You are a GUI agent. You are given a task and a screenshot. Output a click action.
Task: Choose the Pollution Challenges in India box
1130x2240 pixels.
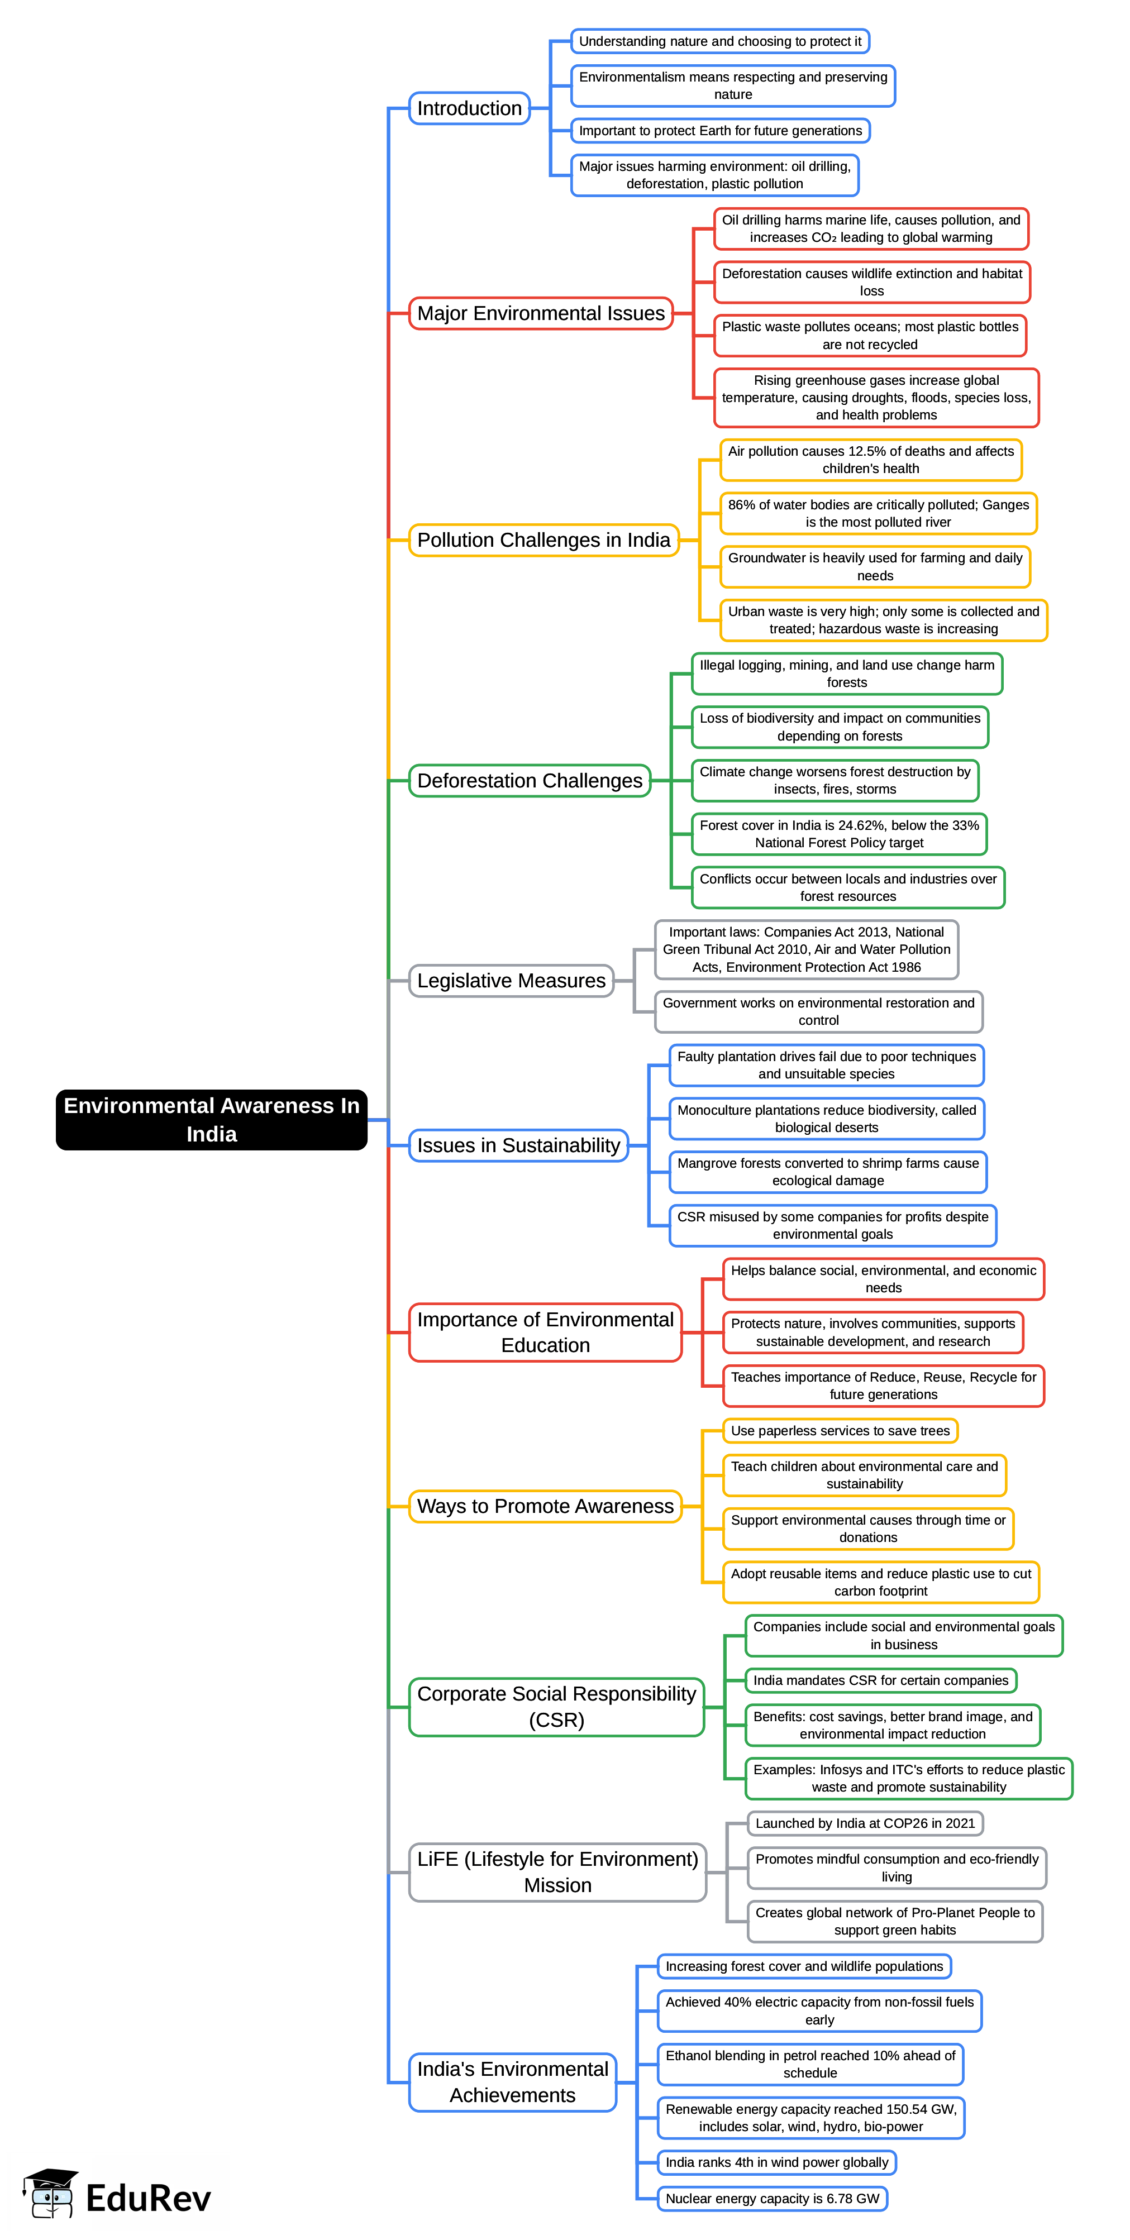point(543,540)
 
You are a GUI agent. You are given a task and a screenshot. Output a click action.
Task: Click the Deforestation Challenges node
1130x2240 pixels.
point(530,781)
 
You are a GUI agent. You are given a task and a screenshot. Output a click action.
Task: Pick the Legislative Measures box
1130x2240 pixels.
point(512,981)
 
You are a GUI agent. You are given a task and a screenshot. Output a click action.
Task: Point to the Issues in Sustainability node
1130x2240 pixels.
point(518,1145)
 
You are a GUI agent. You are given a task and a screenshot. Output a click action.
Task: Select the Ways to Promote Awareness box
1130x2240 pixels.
point(545,1506)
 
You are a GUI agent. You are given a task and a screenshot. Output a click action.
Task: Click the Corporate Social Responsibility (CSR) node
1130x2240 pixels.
point(557,1707)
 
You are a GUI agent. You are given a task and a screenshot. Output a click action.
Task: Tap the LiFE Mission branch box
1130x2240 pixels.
point(557,1872)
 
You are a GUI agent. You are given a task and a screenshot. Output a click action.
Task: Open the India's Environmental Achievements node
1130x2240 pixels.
point(512,2082)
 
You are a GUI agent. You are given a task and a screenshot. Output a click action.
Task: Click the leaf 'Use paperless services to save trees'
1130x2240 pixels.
point(840,1430)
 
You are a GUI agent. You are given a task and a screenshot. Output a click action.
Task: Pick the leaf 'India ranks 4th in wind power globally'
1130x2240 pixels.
point(777,2162)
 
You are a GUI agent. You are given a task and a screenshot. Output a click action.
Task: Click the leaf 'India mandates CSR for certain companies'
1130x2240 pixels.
point(880,1680)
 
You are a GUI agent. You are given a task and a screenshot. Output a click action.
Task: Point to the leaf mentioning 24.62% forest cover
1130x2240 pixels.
point(840,834)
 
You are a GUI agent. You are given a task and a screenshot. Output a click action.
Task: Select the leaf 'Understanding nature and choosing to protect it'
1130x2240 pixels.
point(720,41)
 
